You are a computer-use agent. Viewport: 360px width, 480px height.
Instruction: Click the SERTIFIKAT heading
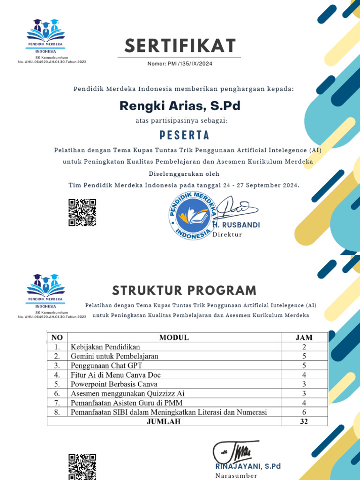coord(180,46)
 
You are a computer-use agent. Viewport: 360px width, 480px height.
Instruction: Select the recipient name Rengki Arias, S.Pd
coord(180,105)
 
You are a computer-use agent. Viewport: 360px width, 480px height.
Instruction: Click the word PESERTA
coord(180,135)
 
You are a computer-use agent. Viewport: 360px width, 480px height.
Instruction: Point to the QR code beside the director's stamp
coord(82,212)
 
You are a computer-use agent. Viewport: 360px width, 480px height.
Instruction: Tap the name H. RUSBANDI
coord(236,225)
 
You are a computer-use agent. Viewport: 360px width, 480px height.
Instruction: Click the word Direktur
coord(227,234)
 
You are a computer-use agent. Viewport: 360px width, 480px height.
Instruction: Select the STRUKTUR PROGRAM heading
coord(184,290)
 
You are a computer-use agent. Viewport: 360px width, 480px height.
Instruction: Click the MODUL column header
coord(174,337)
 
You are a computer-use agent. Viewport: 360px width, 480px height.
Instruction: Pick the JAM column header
coord(304,337)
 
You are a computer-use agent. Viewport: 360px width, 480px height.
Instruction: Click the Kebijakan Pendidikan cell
coord(105,347)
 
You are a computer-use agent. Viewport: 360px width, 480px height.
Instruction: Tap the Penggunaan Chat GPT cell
coord(106,365)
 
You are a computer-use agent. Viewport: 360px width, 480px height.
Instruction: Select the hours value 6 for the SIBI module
coord(304,412)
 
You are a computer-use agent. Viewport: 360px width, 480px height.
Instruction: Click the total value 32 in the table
coord(304,421)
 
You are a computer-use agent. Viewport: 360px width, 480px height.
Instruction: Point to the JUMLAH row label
coord(163,421)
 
